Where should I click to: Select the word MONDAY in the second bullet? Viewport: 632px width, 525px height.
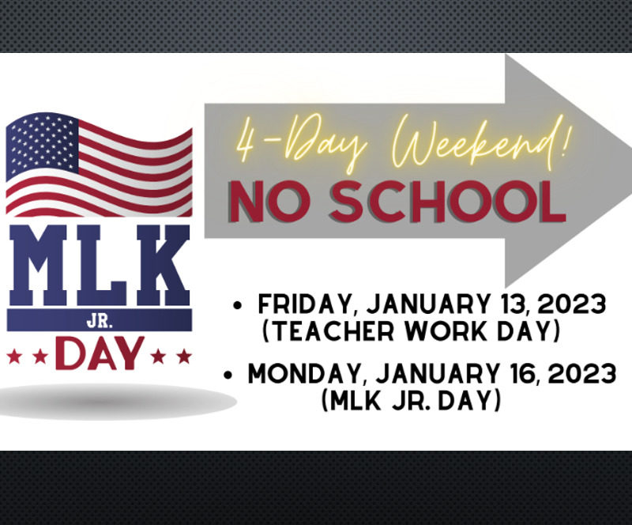point(304,374)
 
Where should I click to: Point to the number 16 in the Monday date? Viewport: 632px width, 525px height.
point(521,373)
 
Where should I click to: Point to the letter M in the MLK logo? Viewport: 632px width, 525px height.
point(38,265)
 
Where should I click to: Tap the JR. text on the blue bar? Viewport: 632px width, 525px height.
point(100,322)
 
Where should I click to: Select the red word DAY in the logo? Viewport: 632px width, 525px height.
point(100,354)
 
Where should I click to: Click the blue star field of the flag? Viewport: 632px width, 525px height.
point(43,143)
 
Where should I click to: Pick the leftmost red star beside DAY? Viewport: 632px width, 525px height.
point(14,357)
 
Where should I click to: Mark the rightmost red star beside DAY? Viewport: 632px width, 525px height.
point(185,357)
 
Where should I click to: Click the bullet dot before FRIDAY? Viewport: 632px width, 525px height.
point(237,305)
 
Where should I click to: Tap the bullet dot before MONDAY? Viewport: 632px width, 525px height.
point(228,375)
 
